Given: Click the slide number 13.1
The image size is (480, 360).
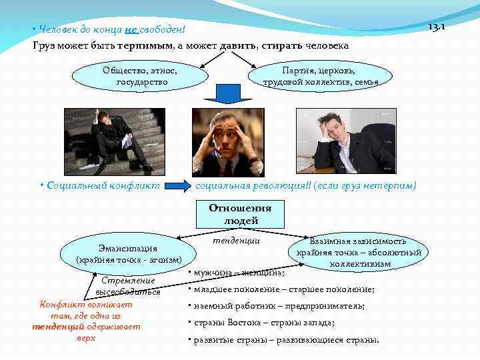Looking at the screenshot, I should point(437,27).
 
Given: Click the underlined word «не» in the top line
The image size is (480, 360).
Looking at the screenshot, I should point(131,30).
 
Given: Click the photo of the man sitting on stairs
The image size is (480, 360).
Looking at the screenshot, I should point(111,141).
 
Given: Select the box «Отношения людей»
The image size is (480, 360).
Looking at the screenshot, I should point(239,214).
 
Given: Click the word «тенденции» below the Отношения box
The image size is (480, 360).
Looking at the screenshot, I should point(236,240).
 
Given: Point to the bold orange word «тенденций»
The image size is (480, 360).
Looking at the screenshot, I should point(58,327).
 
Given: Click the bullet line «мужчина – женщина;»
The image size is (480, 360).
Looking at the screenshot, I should point(237,273).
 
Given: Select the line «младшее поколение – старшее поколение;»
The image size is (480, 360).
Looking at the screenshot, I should point(281,289).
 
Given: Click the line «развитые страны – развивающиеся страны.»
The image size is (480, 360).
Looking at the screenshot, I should point(284,340).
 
